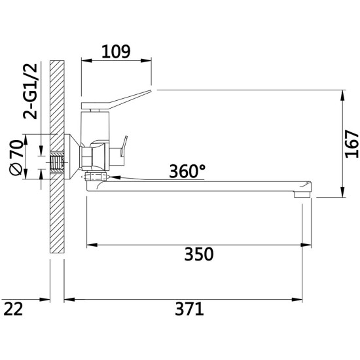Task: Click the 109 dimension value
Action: tap(116, 52)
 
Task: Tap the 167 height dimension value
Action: tap(351, 144)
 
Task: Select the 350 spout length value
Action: tap(199, 254)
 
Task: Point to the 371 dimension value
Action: tap(189, 309)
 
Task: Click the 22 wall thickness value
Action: tap(14, 309)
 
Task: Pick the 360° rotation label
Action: tap(187, 171)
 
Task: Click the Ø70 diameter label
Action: tap(16, 157)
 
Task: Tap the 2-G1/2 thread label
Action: tap(30, 91)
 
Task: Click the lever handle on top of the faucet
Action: tap(116, 100)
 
